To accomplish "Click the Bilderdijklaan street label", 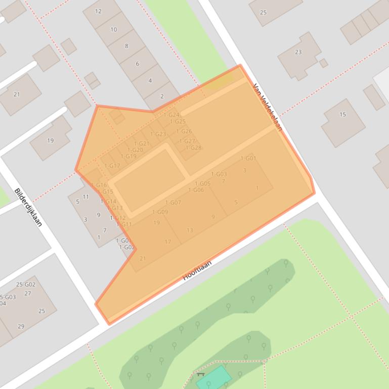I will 28,207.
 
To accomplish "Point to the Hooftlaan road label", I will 197,270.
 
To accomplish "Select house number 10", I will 113,30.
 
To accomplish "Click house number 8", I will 126,46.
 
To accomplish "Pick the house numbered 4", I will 150,80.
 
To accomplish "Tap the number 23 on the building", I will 298,52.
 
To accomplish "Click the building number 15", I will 342,115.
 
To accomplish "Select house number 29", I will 21,326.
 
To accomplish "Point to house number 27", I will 28,294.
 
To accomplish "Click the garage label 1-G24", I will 171,115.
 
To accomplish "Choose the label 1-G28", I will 193,148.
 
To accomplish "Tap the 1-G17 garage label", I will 112,166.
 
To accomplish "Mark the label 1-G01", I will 248,159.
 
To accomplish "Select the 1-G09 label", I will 160,213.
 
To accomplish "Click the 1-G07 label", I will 173,203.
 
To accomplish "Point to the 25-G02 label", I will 26,285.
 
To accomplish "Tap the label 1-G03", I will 219,174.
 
